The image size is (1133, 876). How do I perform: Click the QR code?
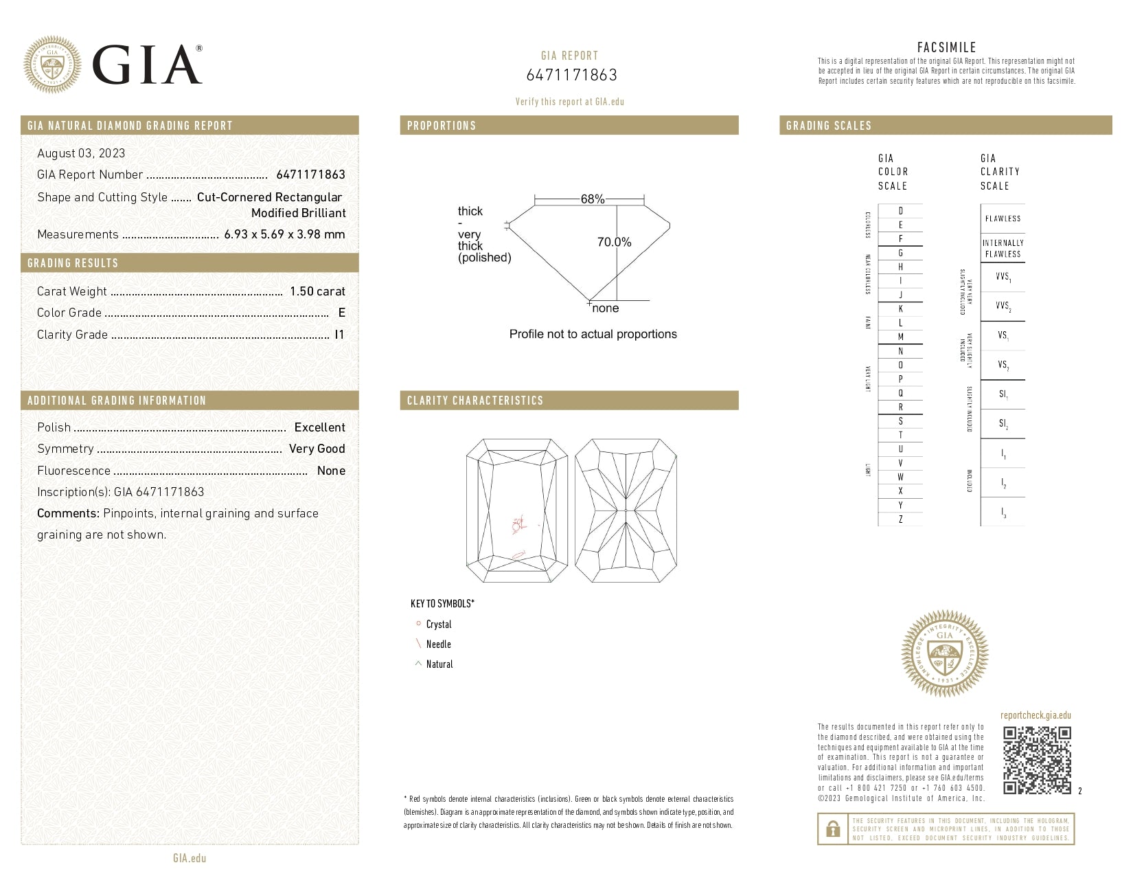click(x=1036, y=760)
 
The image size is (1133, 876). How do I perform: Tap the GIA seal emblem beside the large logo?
click(x=52, y=65)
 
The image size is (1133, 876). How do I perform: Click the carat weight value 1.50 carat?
click(x=317, y=291)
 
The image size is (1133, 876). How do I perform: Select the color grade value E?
click(x=341, y=313)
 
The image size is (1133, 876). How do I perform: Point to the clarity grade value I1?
click(x=339, y=335)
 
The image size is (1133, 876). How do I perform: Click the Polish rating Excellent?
click(x=319, y=427)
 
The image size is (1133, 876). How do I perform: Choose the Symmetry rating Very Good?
click(x=317, y=449)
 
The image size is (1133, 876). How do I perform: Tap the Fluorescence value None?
click(x=331, y=471)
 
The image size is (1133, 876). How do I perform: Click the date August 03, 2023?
click(x=81, y=153)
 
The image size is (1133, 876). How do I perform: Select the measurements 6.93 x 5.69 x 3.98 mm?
click(x=284, y=234)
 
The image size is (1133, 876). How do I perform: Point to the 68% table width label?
click(x=592, y=199)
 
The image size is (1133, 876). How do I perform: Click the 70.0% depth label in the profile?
click(x=614, y=242)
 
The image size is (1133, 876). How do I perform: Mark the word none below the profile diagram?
click(x=605, y=308)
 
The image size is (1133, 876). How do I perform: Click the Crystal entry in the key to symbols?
click(x=438, y=625)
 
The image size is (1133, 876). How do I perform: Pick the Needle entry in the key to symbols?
click(x=438, y=644)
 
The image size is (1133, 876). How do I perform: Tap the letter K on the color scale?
click(x=900, y=309)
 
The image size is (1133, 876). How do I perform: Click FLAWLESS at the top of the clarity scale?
click(x=1003, y=219)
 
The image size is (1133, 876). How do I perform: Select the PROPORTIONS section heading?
click(x=442, y=126)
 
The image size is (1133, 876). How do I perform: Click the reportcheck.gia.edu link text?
click(x=1035, y=715)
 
